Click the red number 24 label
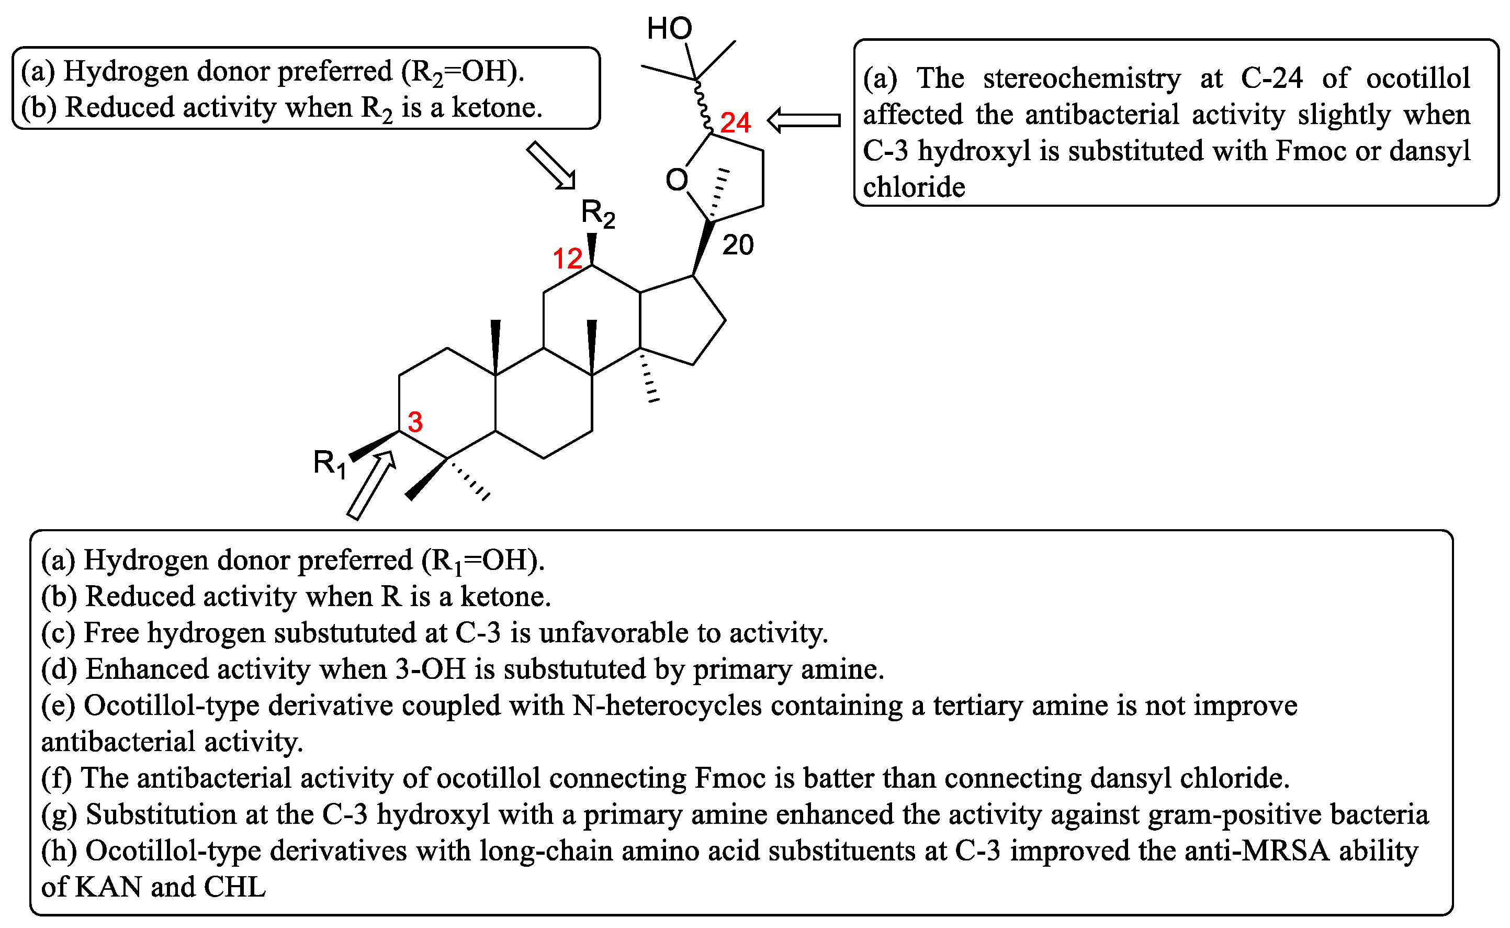click(x=735, y=123)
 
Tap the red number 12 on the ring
click(x=567, y=259)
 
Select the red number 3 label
click(x=415, y=422)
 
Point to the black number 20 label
click(x=738, y=245)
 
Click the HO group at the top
click(x=669, y=29)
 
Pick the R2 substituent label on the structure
click(x=597, y=214)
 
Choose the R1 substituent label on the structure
click(x=330, y=463)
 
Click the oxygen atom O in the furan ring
click(x=677, y=180)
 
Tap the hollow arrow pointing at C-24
click(x=804, y=120)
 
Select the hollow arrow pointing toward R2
click(x=551, y=165)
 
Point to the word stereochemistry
click(x=1081, y=78)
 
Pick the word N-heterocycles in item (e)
click(x=667, y=706)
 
